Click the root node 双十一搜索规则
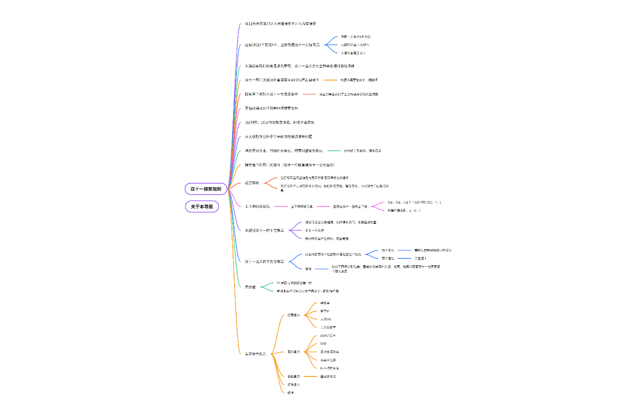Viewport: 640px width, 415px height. coord(206,189)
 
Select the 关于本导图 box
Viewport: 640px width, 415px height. coord(201,207)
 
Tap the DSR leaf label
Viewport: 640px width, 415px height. coord(323,343)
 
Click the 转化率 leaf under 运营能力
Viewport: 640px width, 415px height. coord(324,303)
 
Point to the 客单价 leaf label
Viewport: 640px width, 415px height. coord(324,311)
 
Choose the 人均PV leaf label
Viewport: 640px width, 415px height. coord(325,319)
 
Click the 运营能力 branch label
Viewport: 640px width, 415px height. coord(293,315)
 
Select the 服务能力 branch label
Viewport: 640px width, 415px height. coord(293,352)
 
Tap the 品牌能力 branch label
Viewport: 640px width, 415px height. coord(293,376)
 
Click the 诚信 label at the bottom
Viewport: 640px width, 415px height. coord(290,393)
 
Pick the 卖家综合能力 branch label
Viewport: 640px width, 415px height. coord(255,354)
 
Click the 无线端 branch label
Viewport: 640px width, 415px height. coord(250,287)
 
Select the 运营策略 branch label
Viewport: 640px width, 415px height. coord(251,183)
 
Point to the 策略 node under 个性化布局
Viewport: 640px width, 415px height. coord(308,269)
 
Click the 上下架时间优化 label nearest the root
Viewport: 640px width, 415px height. coord(257,206)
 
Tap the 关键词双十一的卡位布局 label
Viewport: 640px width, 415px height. coord(264,230)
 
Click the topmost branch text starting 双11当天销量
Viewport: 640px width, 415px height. coord(280,23)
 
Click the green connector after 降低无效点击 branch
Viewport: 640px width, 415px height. coord(334,150)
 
